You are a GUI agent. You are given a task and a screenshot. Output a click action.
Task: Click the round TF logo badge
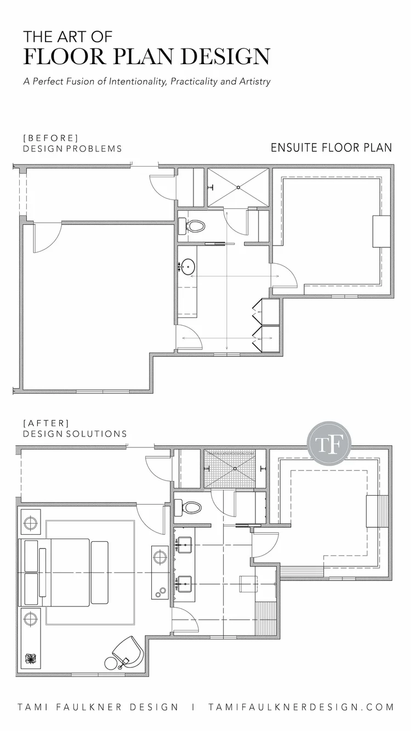click(x=329, y=444)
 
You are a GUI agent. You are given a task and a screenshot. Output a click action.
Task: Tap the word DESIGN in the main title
click(x=225, y=56)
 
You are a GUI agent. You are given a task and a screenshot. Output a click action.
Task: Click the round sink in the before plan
click(x=188, y=267)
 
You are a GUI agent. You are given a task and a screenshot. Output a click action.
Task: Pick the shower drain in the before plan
click(x=238, y=188)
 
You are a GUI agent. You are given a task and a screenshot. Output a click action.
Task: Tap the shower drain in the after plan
click(x=235, y=469)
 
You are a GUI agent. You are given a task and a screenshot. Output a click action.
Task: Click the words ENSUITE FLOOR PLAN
click(x=332, y=148)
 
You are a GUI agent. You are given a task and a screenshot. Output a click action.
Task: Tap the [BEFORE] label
click(x=51, y=138)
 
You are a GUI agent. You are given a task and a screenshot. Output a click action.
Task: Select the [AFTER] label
click(x=46, y=423)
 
